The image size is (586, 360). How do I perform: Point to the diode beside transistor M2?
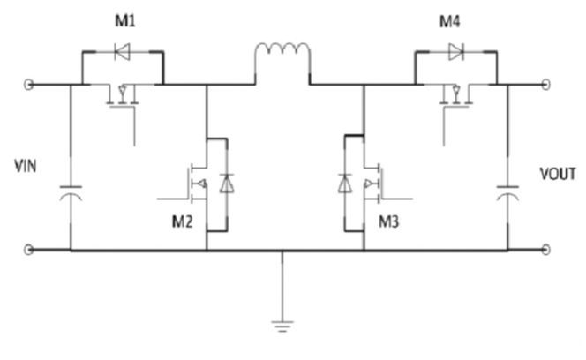point(227,184)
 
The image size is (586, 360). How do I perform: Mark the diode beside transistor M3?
point(345,184)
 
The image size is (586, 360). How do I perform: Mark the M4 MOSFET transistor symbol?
point(455,97)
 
